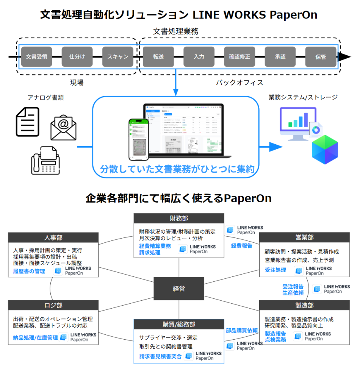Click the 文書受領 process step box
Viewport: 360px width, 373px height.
click(36, 57)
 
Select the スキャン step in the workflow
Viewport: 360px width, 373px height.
click(118, 57)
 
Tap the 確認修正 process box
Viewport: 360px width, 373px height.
click(239, 57)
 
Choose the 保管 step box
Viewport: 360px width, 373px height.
click(321, 57)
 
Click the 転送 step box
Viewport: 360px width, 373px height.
click(158, 57)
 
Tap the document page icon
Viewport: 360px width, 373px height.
click(27, 121)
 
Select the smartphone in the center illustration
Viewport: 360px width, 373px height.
click(138, 139)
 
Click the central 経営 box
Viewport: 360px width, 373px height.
click(179, 289)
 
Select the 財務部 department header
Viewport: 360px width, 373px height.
click(179, 218)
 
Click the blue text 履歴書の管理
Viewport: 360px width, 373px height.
click(29, 271)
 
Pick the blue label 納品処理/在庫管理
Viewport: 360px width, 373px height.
click(35, 337)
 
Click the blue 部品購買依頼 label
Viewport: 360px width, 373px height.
click(242, 330)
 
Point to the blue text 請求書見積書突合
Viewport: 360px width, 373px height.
click(160, 356)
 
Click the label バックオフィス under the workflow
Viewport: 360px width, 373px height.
click(239, 82)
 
